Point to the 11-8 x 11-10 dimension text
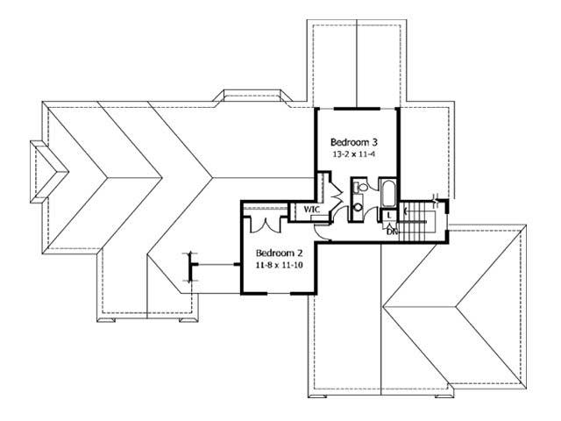point(273,262)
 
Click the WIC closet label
point(311,210)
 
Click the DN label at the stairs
point(392,231)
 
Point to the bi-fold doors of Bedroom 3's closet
point(333,191)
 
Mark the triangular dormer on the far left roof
point(44,169)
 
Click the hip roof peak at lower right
point(456,307)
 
